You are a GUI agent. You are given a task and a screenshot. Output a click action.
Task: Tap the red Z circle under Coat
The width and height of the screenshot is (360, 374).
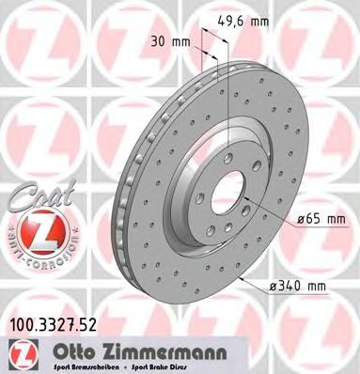(35, 233)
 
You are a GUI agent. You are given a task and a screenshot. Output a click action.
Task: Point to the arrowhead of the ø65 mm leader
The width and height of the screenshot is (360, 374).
(247, 203)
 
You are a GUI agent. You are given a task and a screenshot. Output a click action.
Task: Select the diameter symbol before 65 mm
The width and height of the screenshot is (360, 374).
(301, 220)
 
